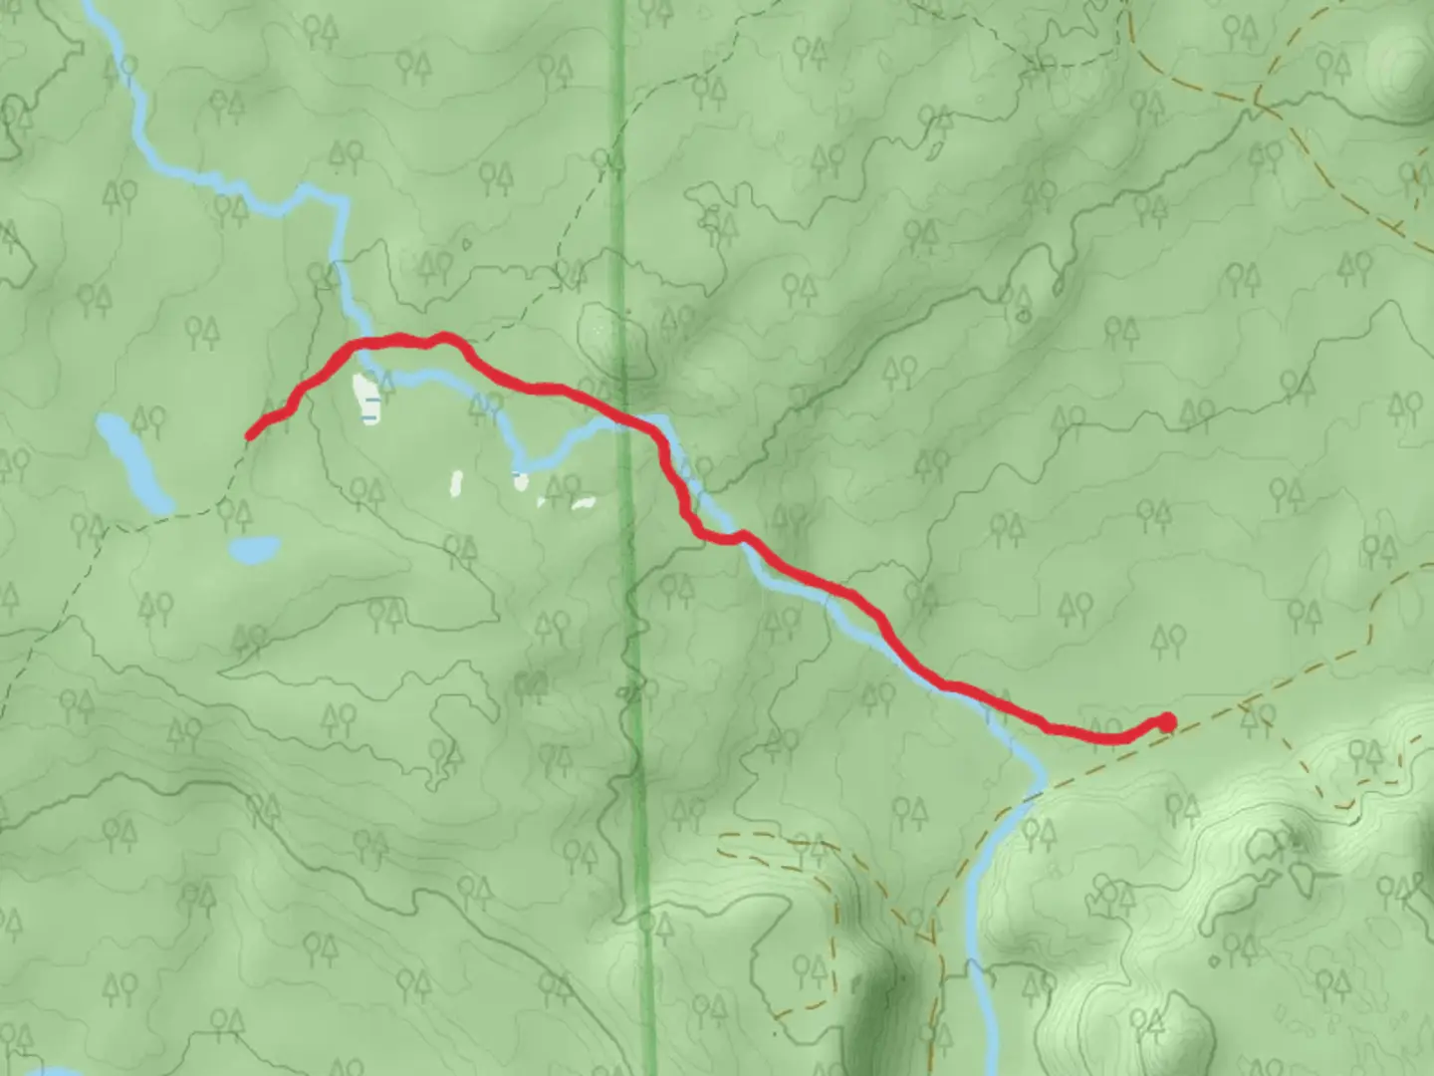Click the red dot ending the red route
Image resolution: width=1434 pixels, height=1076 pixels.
(1166, 722)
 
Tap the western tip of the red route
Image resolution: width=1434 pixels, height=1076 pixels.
(250, 434)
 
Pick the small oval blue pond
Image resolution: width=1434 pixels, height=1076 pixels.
(253, 548)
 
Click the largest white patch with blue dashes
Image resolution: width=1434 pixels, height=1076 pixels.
(366, 398)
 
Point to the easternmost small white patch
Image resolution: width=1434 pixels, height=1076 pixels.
(584, 503)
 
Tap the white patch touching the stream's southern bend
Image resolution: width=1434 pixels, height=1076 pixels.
(520, 482)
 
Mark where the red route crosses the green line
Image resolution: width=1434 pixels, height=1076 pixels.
(623, 419)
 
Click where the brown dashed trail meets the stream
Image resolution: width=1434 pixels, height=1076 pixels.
(1033, 793)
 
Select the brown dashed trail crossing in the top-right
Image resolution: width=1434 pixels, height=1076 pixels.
(1257, 100)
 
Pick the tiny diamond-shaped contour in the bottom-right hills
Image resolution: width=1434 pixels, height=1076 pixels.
(1214, 962)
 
